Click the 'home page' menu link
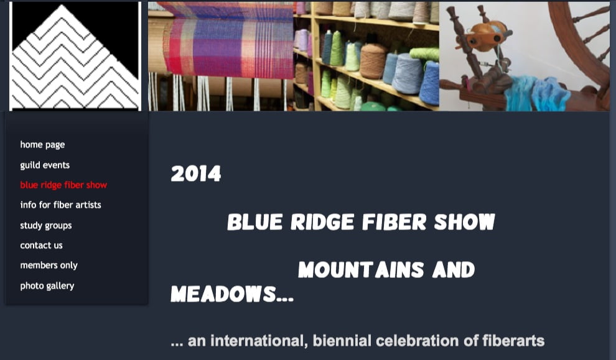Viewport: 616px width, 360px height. [x=42, y=145]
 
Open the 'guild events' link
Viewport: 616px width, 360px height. [x=45, y=165]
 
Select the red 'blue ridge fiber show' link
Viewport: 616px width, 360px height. [x=63, y=185]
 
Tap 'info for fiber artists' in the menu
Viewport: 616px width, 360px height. [x=60, y=205]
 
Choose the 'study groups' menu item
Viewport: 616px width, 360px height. [x=46, y=225]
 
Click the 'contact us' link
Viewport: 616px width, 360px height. [x=41, y=246]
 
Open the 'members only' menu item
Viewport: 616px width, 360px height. [x=49, y=265]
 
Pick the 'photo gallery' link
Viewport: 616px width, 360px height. [x=47, y=286]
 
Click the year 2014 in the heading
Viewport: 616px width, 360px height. [x=196, y=173]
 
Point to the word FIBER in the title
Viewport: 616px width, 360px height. [x=394, y=222]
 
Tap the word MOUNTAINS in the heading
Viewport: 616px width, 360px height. [x=361, y=270]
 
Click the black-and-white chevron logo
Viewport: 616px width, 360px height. [x=75, y=56]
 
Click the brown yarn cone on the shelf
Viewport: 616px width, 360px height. [x=373, y=61]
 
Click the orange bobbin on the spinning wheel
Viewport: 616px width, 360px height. [x=487, y=37]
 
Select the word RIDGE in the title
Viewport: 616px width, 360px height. [x=322, y=222]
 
